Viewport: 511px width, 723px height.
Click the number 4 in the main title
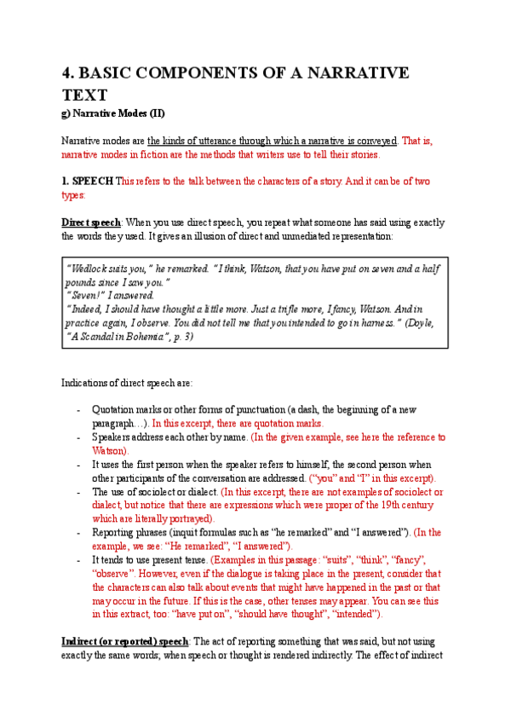67,72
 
